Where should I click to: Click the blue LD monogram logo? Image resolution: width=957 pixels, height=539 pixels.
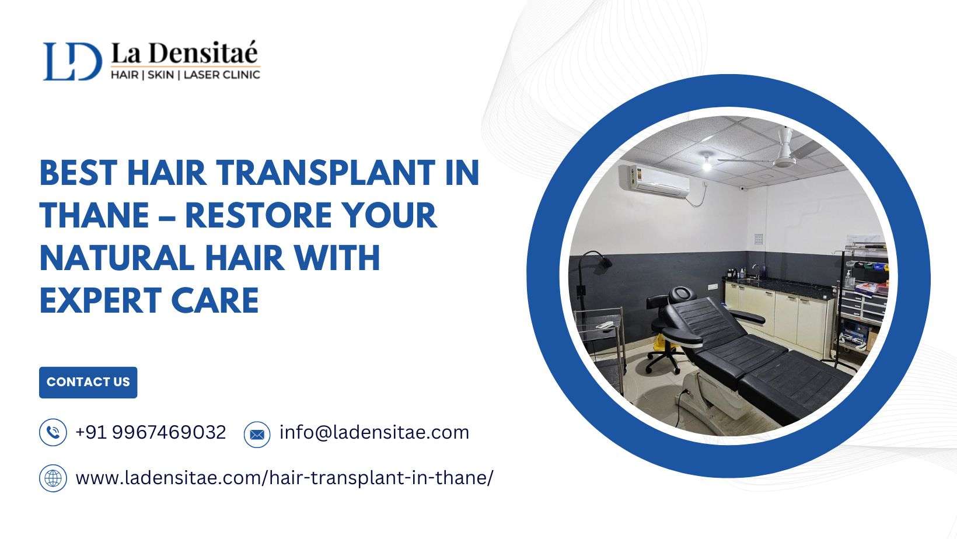(x=72, y=61)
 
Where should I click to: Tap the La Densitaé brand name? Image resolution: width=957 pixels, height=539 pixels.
(x=184, y=53)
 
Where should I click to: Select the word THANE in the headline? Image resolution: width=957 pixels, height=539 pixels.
(x=95, y=215)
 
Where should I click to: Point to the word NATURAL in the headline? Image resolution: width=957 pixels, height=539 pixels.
(x=117, y=258)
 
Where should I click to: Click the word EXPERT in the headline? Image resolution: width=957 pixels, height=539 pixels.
(x=100, y=300)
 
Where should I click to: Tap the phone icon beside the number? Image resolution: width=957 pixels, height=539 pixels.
(x=53, y=432)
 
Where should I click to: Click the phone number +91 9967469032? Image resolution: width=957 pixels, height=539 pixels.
(x=151, y=432)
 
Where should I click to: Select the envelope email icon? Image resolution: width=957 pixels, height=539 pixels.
(x=257, y=435)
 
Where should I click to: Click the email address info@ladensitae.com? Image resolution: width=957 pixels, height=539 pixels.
(x=375, y=432)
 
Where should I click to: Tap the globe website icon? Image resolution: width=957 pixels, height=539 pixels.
(x=53, y=478)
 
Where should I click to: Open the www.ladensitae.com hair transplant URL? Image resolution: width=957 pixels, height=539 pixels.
(x=285, y=478)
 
